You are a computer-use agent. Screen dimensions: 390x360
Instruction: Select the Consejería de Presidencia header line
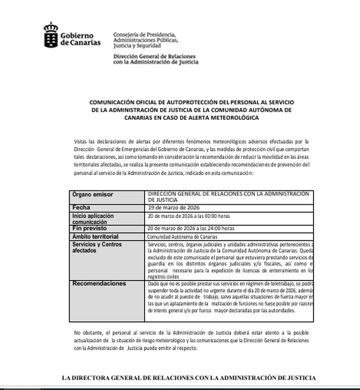pos(145,34)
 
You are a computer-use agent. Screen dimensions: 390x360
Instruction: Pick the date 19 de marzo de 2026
pos(174,206)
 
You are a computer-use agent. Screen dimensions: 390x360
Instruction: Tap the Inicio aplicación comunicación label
pos(93,218)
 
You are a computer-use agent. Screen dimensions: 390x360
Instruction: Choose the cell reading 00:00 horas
pos(219,217)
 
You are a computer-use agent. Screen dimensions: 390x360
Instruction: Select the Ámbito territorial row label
pos(95,236)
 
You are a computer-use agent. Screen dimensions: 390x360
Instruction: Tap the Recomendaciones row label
pos(99,283)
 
